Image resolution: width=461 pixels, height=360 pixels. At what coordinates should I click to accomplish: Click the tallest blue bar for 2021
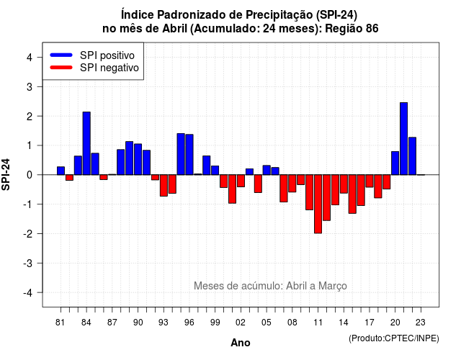(x=403, y=139)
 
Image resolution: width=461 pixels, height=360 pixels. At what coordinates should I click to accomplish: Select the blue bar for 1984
(x=86, y=143)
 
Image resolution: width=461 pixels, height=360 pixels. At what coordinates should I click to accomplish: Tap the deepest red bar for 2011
(x=318, y=204)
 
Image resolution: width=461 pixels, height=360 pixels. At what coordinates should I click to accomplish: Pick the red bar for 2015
(x=352, y=194)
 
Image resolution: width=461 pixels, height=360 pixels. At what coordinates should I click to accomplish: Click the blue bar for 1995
(x=181, y=154)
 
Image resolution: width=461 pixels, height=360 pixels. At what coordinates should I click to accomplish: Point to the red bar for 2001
(x=232, y=189)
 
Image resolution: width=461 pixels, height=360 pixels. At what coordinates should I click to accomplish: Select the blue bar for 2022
(x=413, y=156)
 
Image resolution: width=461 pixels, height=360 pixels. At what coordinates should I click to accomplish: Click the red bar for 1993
(x=164, y=186)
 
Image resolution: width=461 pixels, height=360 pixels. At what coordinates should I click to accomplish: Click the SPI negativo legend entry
(x=94, y=68)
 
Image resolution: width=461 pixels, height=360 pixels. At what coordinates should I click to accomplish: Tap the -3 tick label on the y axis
(x=27, y=263)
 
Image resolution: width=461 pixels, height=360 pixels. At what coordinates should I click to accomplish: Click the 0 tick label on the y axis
(x=29, y=175)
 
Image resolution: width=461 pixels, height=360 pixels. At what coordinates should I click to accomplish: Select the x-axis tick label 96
(x=189, y=323)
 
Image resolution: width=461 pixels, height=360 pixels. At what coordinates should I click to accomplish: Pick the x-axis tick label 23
(x=421, y=323)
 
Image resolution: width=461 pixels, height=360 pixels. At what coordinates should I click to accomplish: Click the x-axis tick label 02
(x=241, y=323)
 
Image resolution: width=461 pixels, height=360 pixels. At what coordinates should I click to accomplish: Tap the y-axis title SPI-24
(x=6, y=174)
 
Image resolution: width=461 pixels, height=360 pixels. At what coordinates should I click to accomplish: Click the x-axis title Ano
(x=241, y=343)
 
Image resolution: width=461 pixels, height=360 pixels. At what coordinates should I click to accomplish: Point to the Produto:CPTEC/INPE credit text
(x=394, y=338)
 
